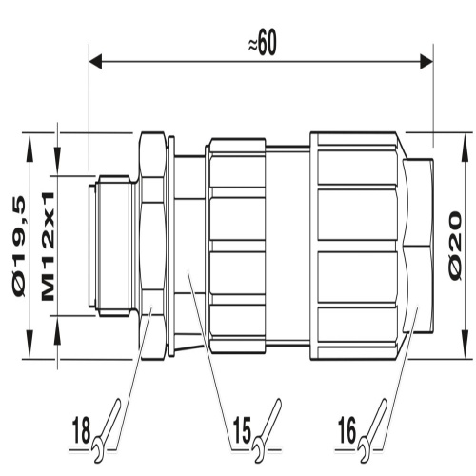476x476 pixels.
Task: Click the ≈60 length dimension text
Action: point(262,43)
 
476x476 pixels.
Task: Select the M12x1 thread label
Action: point(49,246)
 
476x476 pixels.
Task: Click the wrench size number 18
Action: point(81,431)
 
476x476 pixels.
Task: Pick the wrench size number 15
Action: point(242,431)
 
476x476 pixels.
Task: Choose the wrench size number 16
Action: point(347,431)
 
